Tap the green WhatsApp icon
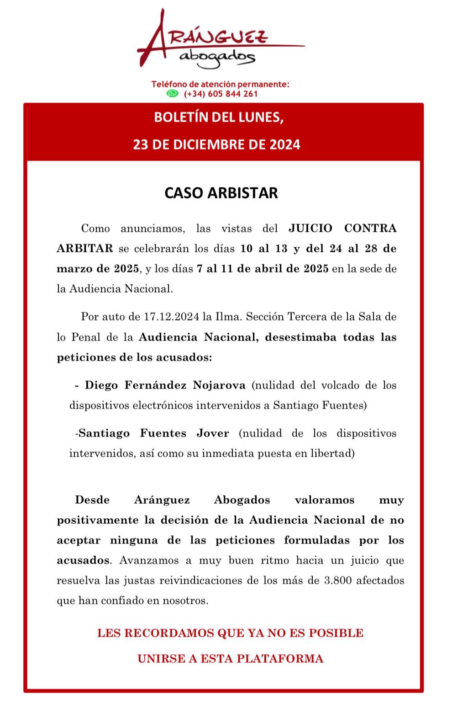click(172, 94)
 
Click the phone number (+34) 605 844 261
click(221, 94)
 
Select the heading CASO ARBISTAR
click(221, 192)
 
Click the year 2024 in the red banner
click(284, 145)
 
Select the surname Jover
click(212, 433)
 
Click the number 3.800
click(338, 580)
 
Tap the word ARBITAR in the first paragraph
click(84, 248)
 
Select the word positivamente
click(97, 520)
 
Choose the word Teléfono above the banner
click(169, 85)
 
